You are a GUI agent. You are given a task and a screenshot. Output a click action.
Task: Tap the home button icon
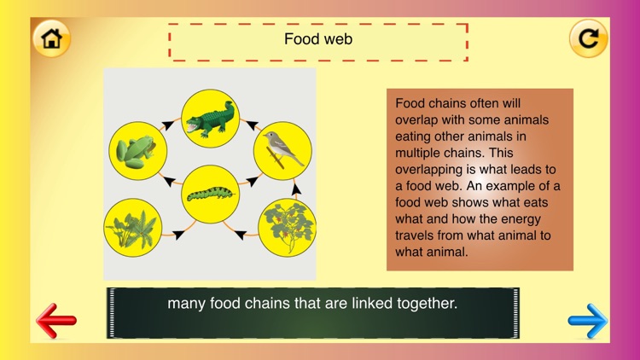point(51,38)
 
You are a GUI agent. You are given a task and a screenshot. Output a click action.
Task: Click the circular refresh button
point(588,38)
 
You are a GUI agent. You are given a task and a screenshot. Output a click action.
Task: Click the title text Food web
point(318,39)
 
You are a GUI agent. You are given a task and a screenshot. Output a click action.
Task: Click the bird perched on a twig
point(282,150)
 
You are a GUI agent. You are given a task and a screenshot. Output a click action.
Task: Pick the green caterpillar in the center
point(210,194)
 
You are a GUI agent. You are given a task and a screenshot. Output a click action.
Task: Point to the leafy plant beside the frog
point(133,228)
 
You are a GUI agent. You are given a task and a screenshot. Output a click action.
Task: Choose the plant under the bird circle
point(287,228)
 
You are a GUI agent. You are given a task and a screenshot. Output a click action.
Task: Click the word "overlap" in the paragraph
point(417,120)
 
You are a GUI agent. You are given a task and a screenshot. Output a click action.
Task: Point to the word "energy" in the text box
point(538,219)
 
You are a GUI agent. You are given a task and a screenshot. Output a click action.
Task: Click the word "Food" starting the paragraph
point(410,103)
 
